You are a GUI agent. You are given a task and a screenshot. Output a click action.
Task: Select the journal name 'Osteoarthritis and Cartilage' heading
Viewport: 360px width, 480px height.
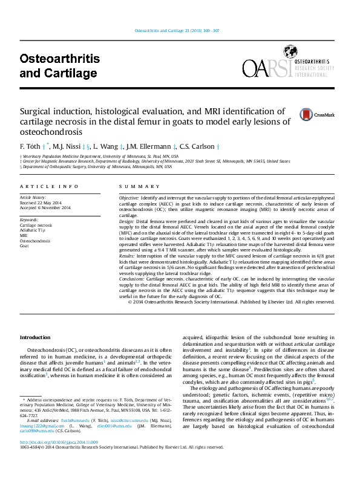pyautogui.click(x=59, y=66)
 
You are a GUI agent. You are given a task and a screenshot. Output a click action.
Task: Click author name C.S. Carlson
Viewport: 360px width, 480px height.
pyautogui.click(x=198, y=147)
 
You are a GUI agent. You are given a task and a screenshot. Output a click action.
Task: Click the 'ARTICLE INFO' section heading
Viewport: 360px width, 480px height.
pyautogui.click(x=49, y=187)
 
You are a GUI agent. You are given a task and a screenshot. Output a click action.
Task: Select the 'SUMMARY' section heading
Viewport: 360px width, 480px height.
pyautogui.click(x=131, y=187)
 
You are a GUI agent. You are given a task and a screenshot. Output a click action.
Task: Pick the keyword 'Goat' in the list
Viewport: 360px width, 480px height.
pyautogui.click(x=24, y=246)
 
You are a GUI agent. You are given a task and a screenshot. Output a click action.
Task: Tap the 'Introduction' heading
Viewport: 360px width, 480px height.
pyautogui.click(x=36, y=337)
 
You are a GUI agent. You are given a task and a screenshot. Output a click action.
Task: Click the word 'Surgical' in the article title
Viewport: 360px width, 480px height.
pyautogui.click(x=38, y=111)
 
